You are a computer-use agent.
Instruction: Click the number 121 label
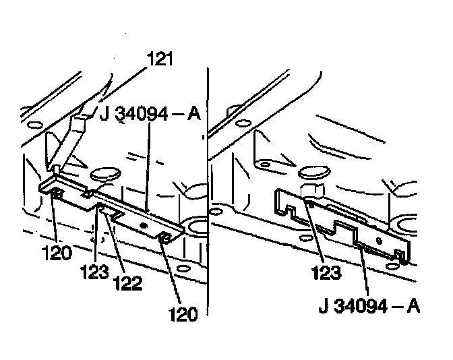tap(160, 60)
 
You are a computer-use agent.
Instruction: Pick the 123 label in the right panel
tap(327, 274)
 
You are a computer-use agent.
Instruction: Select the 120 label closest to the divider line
tap(183, 313)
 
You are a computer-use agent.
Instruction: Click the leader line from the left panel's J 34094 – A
tap(148, 162)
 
